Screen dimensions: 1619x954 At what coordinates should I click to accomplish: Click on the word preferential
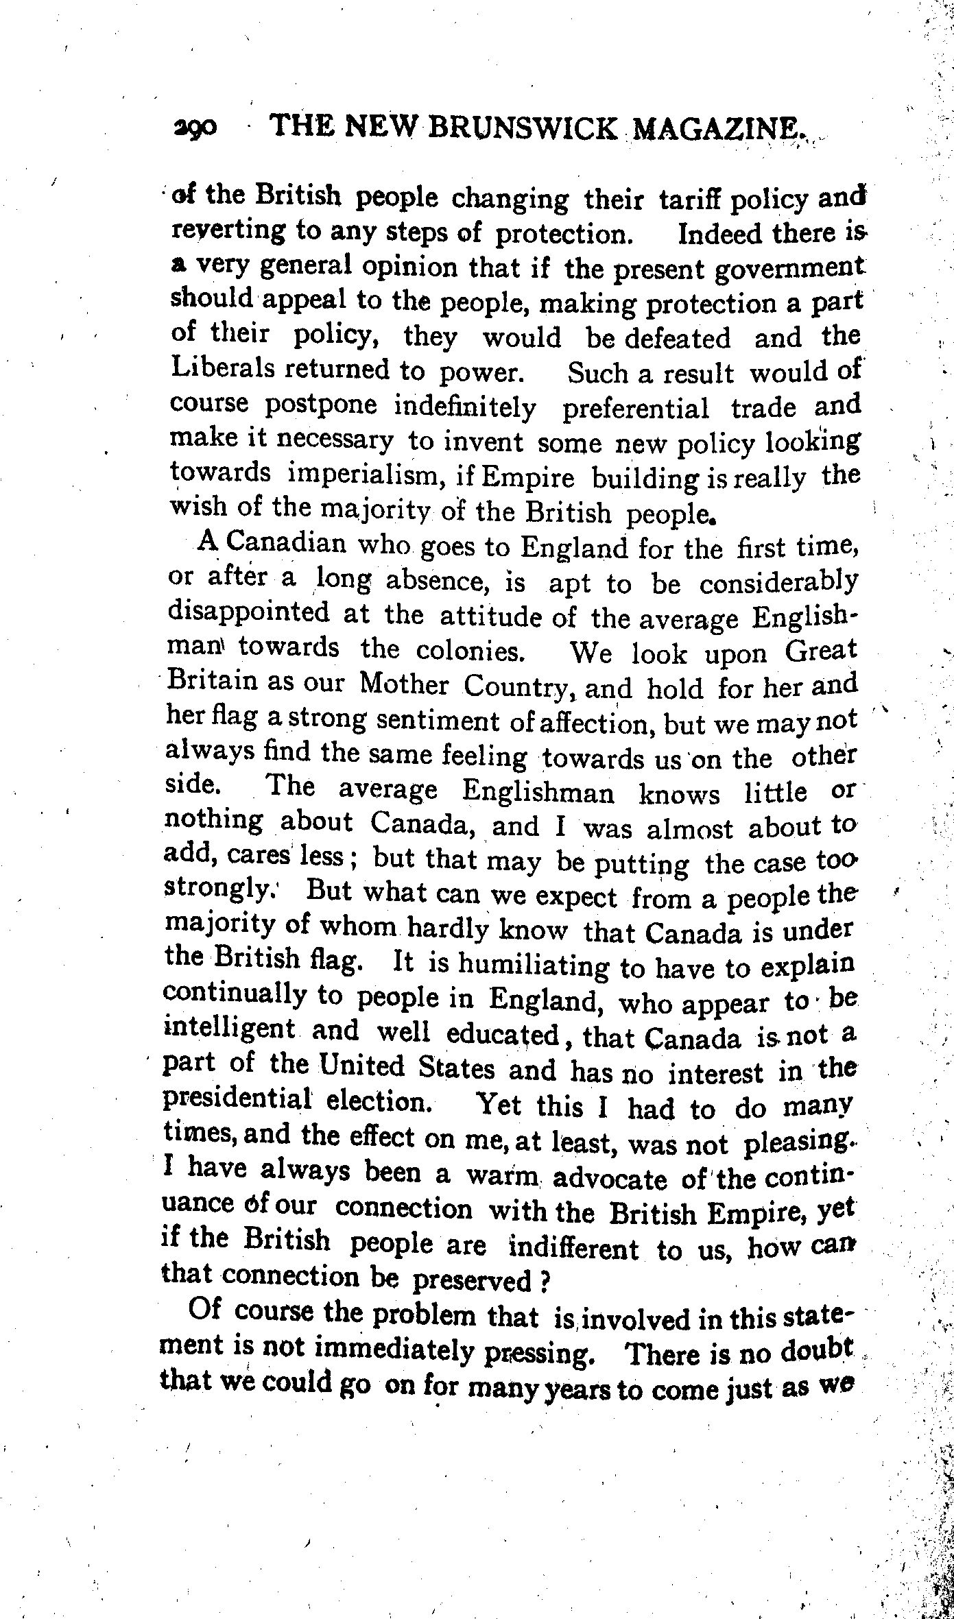[636, 409]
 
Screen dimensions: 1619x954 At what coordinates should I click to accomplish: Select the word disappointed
[248, 611]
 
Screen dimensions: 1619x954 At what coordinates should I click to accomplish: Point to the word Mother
[405, 684]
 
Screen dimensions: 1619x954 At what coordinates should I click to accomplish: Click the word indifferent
[573, 1248]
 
